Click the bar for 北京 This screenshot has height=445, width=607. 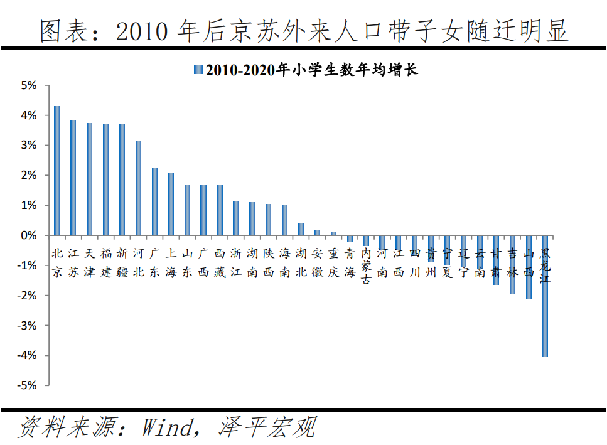[x=56, y=171]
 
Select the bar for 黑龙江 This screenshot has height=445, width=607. [x=545, y=296]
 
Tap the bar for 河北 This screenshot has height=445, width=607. [x=138, y=188]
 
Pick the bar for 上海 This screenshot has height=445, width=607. [x=171, y=204]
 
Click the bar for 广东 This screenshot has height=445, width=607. [x=154, y=201]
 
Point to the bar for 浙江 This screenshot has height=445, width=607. [x=236, y=218]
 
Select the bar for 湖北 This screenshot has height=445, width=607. [x=301, y=229]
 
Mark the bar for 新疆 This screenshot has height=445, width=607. [x=122, y=180]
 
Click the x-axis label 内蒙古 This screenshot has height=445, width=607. [x=366, y=266]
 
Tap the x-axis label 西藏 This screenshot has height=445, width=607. [x=220, y=263]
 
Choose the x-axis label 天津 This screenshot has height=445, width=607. [x=89, y=263]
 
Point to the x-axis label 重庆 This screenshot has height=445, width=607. [x=333, y=263]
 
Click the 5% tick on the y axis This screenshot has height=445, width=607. [x=30, y=85]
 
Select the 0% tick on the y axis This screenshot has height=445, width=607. [x=30, y=235]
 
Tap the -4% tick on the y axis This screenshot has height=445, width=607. [x=28, y=355]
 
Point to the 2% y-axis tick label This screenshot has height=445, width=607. [x=30, y=176]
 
